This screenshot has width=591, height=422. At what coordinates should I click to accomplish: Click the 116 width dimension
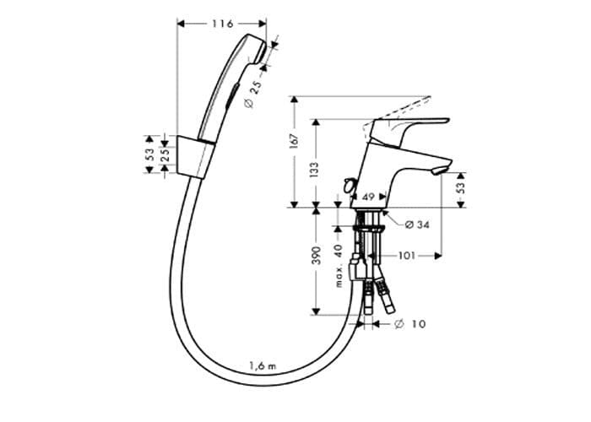tap(222, 24)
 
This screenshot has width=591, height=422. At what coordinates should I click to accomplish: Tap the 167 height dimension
tap(294, 141)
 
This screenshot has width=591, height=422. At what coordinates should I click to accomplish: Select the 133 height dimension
tap(315, 170)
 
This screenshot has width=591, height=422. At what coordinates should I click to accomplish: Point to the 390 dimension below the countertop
tap(317, 255)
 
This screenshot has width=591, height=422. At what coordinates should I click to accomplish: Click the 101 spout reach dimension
tap(407, 256)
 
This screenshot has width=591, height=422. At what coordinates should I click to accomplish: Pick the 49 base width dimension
tap(368, 197)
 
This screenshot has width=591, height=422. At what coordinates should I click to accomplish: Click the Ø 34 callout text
tap(417, 225)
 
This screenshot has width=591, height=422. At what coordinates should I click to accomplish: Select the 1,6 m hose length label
tap(263, 365)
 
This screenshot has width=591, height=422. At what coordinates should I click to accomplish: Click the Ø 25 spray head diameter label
tap(253, 95)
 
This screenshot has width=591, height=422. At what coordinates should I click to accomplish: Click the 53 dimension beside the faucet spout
tap(461, 187)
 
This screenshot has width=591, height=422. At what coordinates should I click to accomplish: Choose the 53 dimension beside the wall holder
tap(149, 154)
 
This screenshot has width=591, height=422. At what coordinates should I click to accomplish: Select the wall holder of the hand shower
tap(195, 157)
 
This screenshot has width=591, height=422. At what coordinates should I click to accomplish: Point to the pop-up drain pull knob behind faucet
tap(349, 186)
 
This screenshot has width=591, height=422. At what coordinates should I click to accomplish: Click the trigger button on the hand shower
tap(231, 96)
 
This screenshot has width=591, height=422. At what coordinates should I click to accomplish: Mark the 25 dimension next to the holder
tap(165, 154)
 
